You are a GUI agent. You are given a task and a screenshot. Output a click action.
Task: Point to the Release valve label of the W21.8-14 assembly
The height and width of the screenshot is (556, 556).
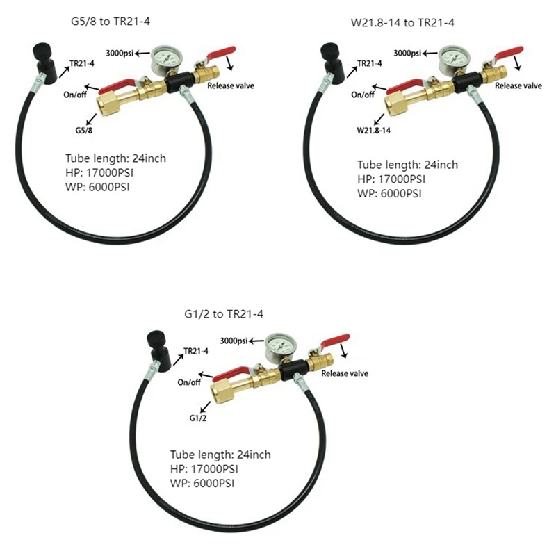[518, 85]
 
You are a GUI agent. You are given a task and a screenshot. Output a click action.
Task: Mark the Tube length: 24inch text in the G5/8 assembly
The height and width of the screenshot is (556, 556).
[116, 158]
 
